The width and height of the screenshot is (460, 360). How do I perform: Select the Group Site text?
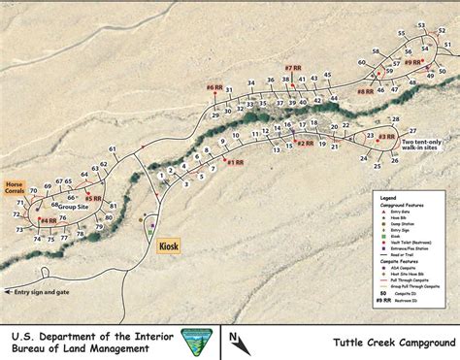click(73, 206)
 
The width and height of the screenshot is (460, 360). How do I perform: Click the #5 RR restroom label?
click(94, 198)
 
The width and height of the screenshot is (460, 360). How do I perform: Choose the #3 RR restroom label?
click(386, 137)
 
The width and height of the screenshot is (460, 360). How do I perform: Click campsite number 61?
click(113, 148)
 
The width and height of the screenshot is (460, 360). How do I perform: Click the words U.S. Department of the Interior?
click(89, 334)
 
